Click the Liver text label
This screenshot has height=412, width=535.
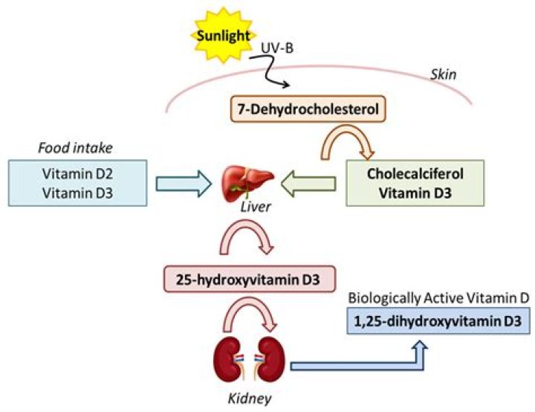click(251, 204)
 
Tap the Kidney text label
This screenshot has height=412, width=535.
click(249, 399)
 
